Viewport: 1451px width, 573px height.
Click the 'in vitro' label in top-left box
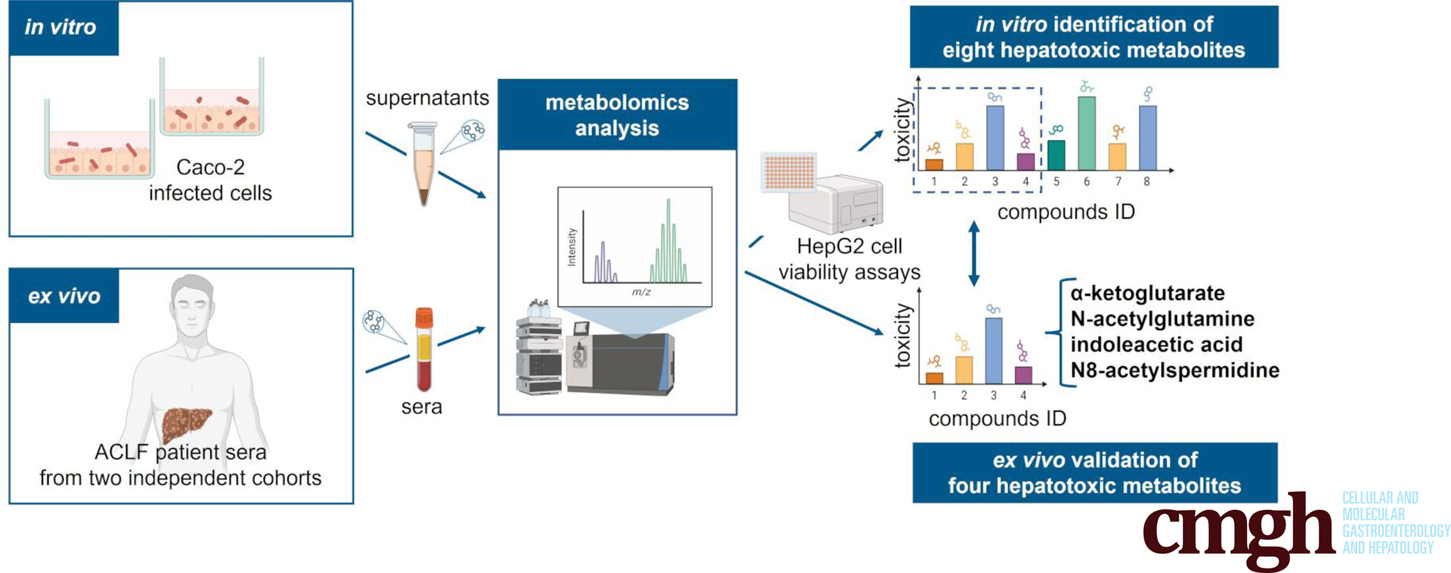pos(61,28)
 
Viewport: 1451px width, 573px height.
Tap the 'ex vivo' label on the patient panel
pos(64,296)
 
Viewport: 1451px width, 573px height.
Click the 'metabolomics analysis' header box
pos(617,115)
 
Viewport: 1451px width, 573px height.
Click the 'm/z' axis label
pos(641,292)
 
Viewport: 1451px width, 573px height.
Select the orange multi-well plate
pos(789,172)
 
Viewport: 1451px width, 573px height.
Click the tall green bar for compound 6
pos(1086,134)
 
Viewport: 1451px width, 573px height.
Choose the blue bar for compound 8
pos(1147,138)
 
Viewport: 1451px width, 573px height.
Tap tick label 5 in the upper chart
pos(1056,182)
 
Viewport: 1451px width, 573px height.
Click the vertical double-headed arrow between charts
pos(974,253)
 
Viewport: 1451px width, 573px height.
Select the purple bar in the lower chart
pos(1023,375)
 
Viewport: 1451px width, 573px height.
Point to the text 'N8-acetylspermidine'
pos(1174,370)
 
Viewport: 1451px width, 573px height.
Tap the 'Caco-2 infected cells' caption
pos(210,180)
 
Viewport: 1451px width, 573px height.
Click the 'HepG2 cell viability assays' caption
pos(849,259)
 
